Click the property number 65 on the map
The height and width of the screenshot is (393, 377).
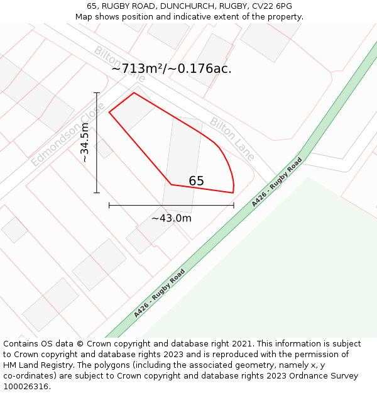point(196,181)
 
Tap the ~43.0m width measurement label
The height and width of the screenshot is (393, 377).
point(171,218)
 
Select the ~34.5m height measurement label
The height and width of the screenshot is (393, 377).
point(85,143)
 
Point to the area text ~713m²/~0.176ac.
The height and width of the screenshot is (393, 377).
point(172,69)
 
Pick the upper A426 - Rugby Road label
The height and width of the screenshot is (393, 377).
point(277,182)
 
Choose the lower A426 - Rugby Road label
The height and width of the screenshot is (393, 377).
point(160,293)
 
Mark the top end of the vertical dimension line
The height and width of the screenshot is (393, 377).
point(97,93)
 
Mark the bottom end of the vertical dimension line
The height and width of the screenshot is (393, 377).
point(97,192)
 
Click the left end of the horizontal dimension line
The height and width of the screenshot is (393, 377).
point(109,205)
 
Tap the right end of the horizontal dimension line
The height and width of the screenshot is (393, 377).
point(234,205)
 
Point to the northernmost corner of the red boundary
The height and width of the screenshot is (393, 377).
point(134,93)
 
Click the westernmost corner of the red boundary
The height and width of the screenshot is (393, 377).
point(109,113)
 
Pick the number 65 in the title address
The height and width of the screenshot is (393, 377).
point(92,6)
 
